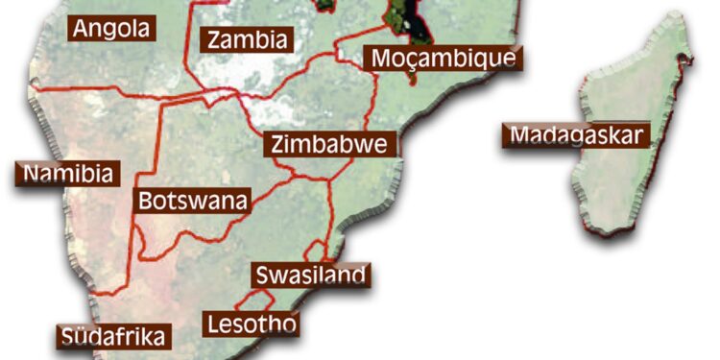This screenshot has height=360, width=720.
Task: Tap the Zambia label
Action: (247, 40)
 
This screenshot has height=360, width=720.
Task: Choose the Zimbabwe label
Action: (328, 145)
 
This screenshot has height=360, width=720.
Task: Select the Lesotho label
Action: (252, 324)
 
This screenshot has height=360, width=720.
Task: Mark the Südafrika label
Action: (115, 336)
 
